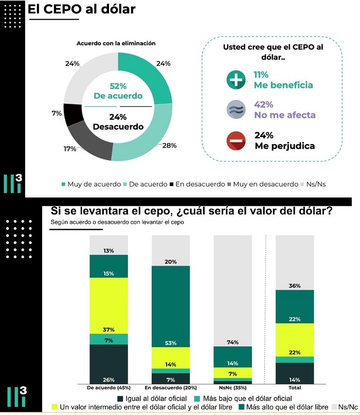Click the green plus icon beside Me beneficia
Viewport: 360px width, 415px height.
[x=236, y=80]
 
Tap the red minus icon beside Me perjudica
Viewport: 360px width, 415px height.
[x=236, y=141]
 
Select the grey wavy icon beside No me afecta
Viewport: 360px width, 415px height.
[x=236, y=110]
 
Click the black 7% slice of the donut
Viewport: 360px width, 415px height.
[x=73, y=114]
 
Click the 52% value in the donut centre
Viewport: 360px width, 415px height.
[x=118, y=86]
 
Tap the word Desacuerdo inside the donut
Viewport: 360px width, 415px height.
[x=118, y=127]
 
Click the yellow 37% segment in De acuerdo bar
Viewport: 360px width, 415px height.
[x=109, y=305]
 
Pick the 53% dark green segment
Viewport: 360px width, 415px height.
[x=171, y=306]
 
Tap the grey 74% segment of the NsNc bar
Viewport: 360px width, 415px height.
[x=232, y=291]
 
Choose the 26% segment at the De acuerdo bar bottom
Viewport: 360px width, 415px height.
[x=109, y=364]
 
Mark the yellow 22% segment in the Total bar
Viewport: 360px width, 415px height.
[x=295, y=340]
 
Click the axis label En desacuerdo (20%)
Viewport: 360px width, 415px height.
[x=171, y=388]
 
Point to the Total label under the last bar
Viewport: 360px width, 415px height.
[x=295, y=388]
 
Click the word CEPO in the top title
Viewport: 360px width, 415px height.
[x=62, y=9]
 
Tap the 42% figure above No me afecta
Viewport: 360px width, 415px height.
[x=264, y=104]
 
